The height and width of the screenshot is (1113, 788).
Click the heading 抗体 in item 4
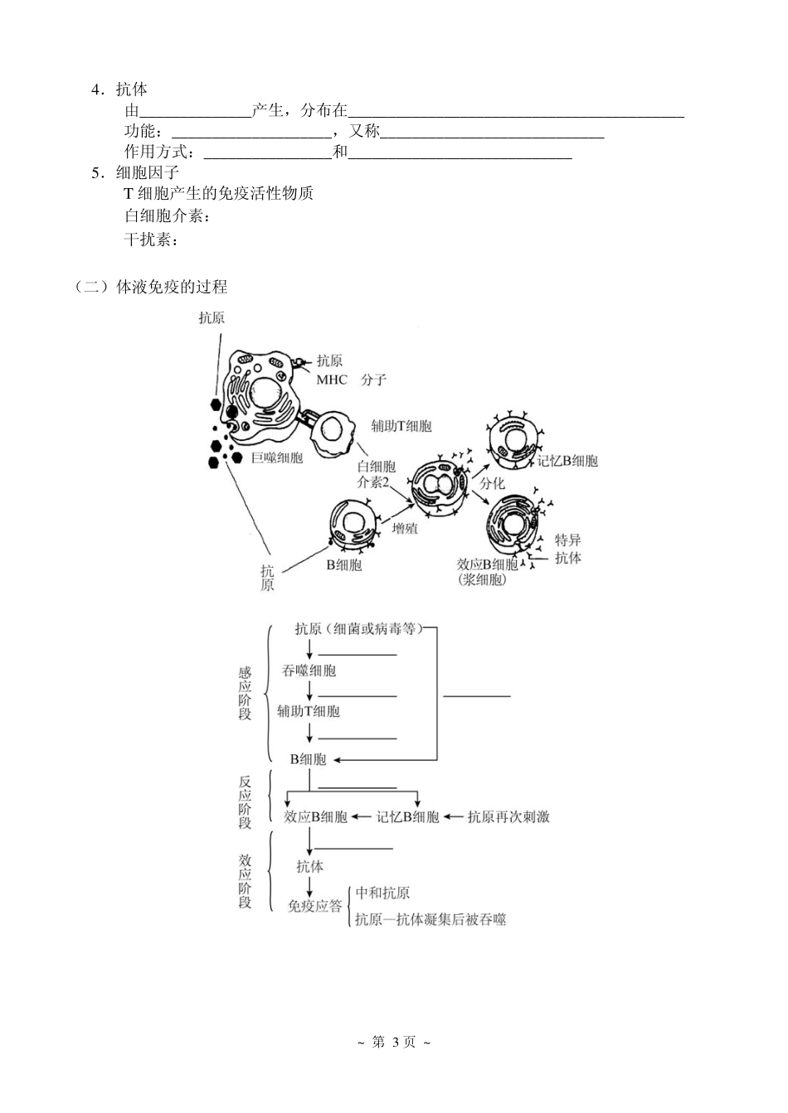coord(132,90)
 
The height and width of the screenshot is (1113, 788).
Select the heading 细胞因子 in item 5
coord(148,172)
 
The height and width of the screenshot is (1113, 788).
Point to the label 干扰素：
coord(152,240)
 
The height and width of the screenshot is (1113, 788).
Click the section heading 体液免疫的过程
coord(172,287)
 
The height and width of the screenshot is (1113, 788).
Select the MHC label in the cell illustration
coord(332,380)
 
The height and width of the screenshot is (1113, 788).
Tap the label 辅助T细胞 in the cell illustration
coord(401,426)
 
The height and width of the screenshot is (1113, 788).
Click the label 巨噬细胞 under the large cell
coord(277,457)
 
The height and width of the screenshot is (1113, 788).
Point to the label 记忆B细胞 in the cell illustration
coord(567,461)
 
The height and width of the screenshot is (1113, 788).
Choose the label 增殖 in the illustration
coord(405,528)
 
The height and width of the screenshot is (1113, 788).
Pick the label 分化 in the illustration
coord(492,483)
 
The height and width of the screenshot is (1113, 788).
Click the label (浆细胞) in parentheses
coord(482,580)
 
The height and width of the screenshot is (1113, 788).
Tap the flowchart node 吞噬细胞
coord(309,670)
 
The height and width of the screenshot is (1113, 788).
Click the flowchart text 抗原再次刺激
coord(508,816)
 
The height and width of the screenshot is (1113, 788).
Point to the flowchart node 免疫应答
coord(314,906)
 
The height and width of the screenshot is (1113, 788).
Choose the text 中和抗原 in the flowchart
coord(382,893)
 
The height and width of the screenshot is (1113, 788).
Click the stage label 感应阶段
coord(245,694)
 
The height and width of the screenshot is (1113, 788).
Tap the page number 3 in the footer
coord(395,1042)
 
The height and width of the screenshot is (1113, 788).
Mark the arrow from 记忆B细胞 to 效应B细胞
coord(362,816)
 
